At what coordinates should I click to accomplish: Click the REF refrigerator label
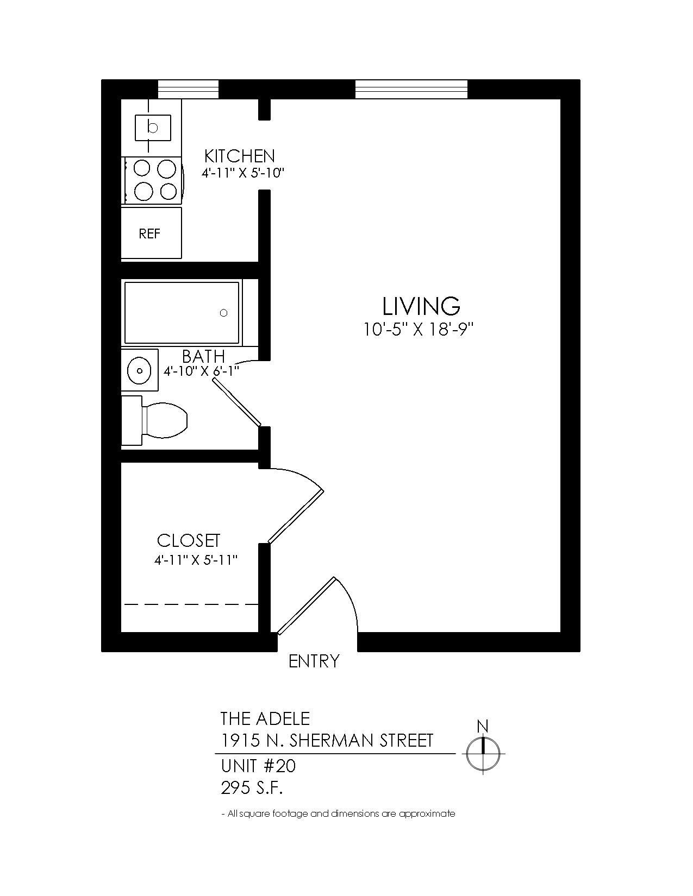[149, 234]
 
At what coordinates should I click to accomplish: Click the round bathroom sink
[140, 370]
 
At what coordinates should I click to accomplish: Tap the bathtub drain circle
[223, 313]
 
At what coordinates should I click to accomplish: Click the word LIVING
[421, 306]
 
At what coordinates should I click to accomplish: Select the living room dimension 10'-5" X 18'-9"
[420, 330]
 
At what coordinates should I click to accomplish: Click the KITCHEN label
[239, 156]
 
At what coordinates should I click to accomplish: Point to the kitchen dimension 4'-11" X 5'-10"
[242, 173]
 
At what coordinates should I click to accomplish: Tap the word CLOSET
[189, 541]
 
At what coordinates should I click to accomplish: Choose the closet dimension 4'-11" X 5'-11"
[196, 559]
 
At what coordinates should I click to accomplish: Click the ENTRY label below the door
[314, 661]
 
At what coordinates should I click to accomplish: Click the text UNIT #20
[258, 766]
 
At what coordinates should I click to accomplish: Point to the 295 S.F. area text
[252, 787]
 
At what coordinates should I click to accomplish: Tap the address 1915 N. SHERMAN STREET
[327, 740]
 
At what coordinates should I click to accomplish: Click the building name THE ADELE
[265, 718]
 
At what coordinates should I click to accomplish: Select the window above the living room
[411, 89]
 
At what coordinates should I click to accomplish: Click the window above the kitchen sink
[188, 89]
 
